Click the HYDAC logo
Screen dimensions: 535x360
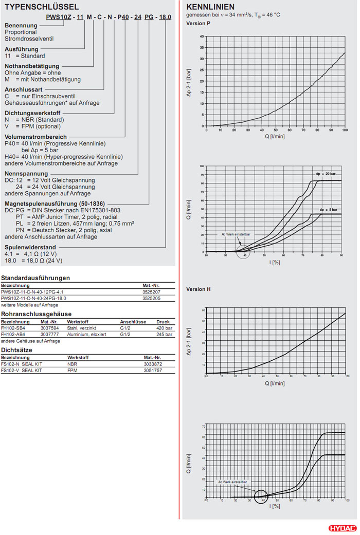point(341,528)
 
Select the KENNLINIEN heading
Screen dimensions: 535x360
point(210,7)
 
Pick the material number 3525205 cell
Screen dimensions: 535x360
point(152,298)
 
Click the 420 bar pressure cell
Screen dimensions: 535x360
point(164,327)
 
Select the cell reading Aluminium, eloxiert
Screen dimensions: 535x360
point(86,334)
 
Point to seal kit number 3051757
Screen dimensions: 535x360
point(153,370)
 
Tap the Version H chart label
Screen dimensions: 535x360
point(199,289)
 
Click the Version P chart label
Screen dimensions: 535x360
point(198,24)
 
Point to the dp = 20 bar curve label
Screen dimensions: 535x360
point(326,174)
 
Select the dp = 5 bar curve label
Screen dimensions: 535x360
point(328,210)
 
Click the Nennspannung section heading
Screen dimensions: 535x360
point(26,174)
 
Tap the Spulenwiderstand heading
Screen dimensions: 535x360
point(30,247)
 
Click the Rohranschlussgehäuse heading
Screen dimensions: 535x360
point(36,313)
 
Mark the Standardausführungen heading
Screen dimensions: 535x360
point(35,278)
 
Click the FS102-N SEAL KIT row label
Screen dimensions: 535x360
point(21,363)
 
